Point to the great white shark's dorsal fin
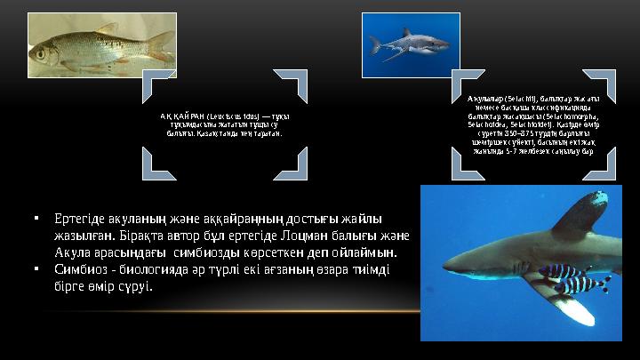coord(407,33)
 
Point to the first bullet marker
coord(34,218)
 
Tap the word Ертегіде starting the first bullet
coord(81,218)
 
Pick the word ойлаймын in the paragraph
coord(359,252)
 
